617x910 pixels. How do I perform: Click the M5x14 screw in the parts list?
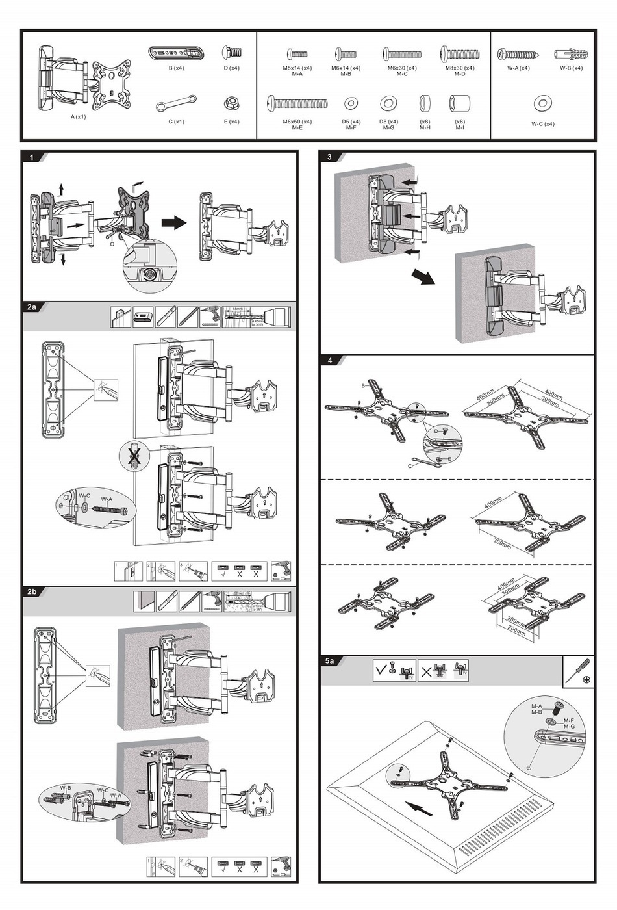tap(297, 55)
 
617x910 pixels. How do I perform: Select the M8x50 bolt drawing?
tap(297, 103)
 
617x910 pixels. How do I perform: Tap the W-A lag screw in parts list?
tap(517, 55)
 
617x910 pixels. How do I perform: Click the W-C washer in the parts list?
tap(543, 103)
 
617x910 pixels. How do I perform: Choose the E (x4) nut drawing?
tap(231, 103)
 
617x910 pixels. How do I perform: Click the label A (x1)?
tap(78, 117)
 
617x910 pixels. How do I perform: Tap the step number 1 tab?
tap(31, 157)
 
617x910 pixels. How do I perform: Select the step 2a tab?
tap(32, 307)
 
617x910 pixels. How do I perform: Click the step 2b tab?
tap(32, 591)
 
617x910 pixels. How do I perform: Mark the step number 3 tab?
tap(329, 157)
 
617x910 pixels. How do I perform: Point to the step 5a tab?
tap(330, 661)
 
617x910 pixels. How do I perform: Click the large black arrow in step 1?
tap(173, 223)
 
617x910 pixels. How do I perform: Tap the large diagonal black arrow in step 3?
tap(423, 277)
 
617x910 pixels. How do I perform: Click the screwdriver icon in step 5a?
tap(577, 671)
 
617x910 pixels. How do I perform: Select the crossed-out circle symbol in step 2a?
tap(134, 456)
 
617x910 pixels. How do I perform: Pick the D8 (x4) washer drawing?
tap(388, 103)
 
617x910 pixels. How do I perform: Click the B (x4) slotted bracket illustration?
tap(176, 53)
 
